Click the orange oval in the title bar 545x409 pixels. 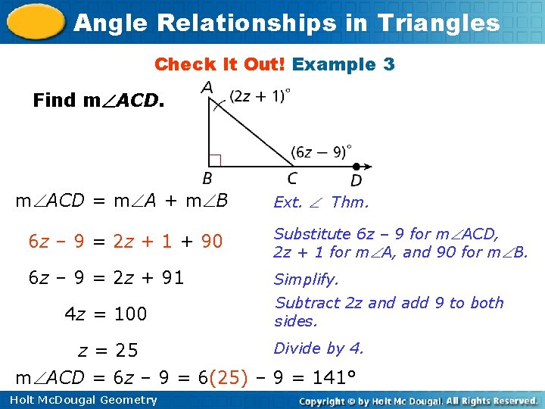[35, 23]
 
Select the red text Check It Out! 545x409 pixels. [220, 64]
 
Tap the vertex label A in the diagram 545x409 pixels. [207, 89]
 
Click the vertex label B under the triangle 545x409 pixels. [207, 179]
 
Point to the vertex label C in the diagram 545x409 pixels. [292, 179]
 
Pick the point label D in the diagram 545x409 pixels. [356, 180]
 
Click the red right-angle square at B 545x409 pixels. [214, 160]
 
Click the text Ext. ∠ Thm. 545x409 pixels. [321, 202]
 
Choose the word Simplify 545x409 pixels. [307, 279]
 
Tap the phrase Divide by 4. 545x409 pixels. [319, 348]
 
